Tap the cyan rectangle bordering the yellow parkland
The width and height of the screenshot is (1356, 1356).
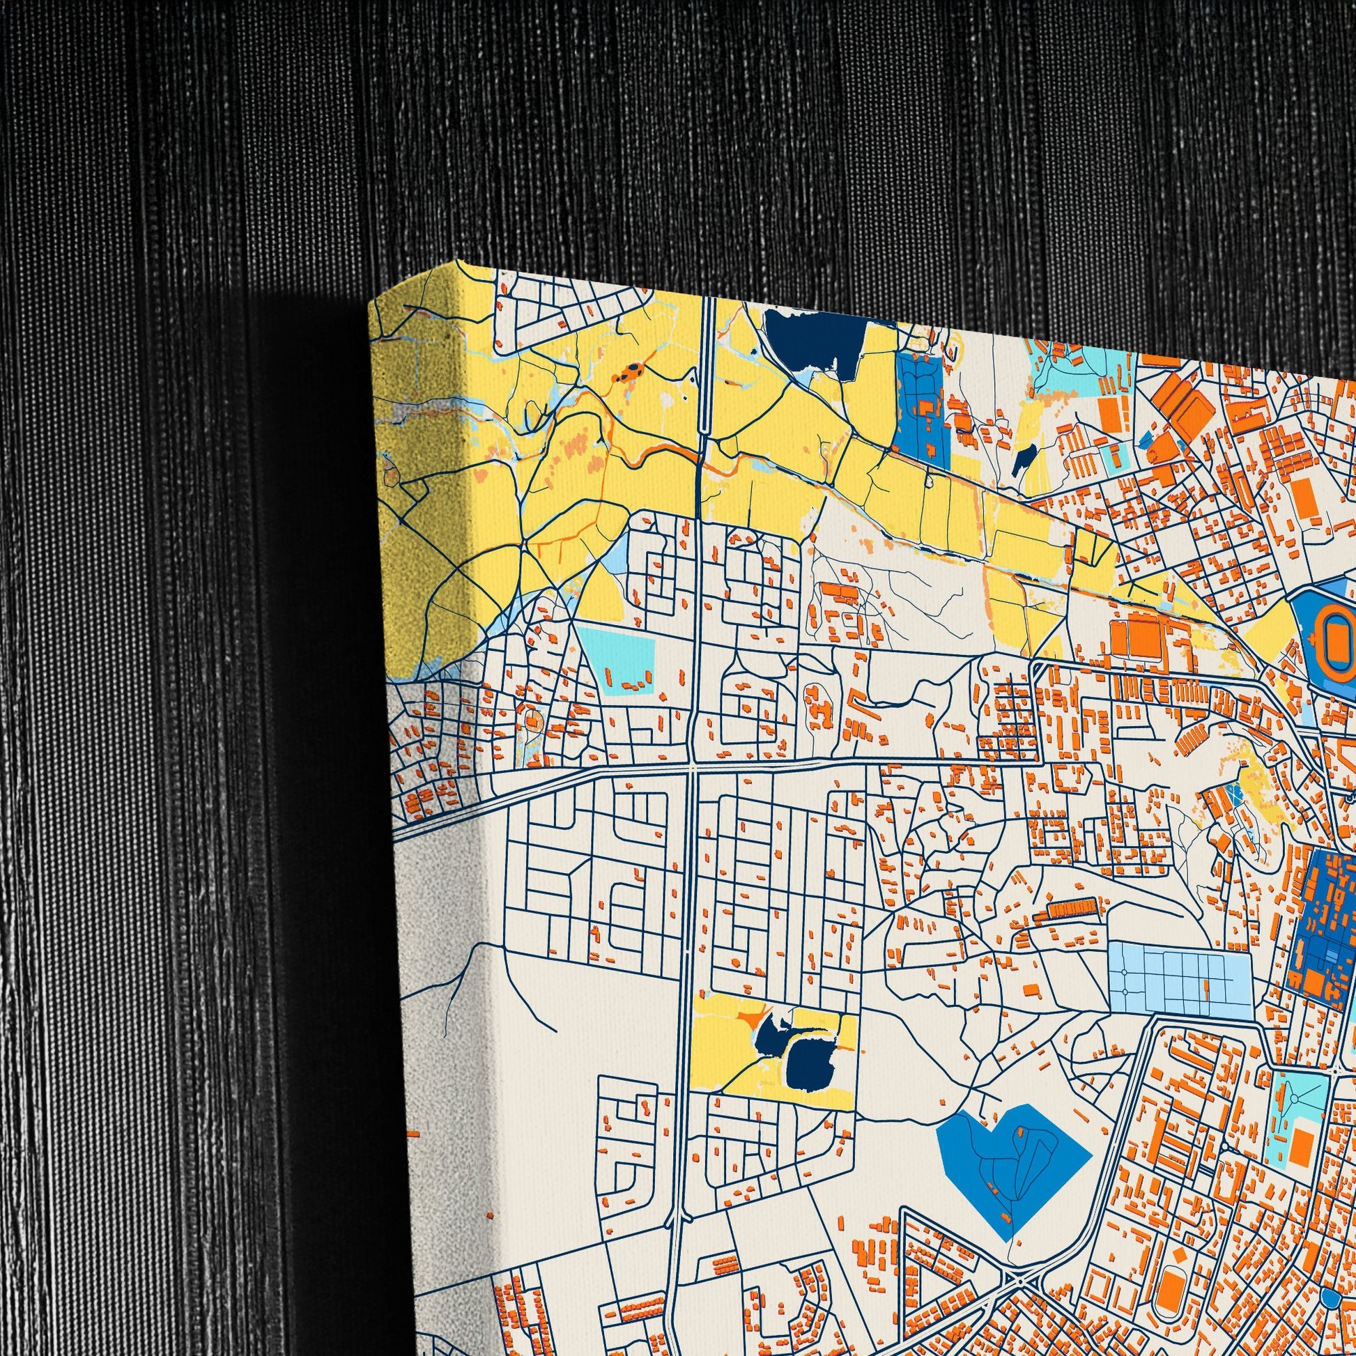617,656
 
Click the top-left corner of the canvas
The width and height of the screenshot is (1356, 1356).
371,303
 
